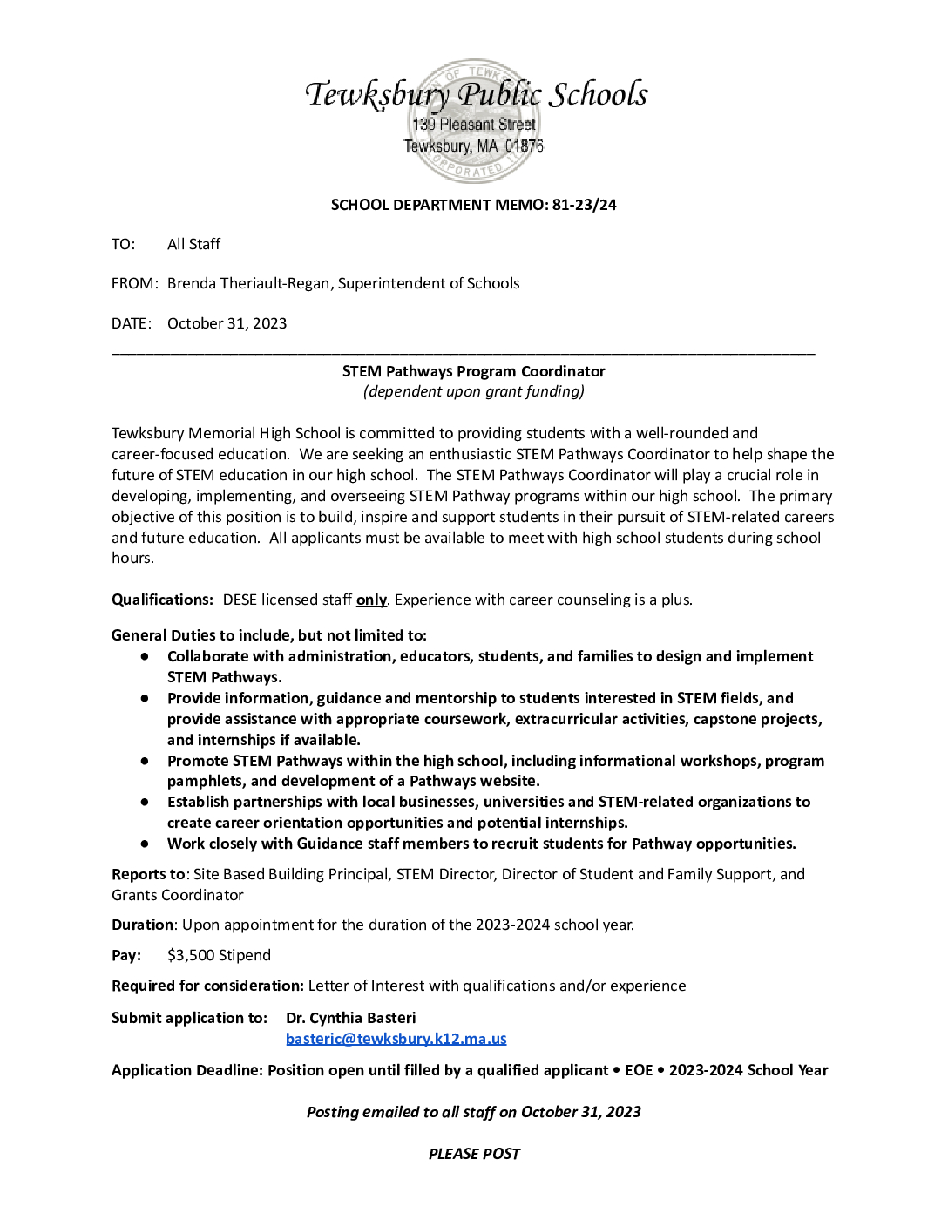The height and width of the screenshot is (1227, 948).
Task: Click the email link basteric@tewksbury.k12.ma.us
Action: (x=396, y=1038)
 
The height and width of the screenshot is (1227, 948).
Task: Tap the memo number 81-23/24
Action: (x=584, y=205)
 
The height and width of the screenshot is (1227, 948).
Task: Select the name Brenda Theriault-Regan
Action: (x=249, y=283)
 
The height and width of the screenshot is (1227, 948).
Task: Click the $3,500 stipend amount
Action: (x=219, y=955)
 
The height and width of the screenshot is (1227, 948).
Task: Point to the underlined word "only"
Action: (x=371, y=600)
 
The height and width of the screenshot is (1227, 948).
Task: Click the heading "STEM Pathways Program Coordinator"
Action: (x=473, y=371)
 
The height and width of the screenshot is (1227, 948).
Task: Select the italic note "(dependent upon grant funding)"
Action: (x=473, y=391)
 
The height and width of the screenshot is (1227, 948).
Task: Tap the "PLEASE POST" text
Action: (x=474, y=1154)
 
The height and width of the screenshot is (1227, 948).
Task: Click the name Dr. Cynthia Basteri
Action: (x=350, y=1018)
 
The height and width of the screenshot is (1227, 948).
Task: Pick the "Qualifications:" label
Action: (x=162, y=600)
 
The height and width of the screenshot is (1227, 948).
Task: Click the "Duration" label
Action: (x=143, y=925)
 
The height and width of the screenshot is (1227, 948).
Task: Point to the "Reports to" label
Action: (x=148, y=874)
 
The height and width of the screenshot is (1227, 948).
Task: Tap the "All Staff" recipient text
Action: (x=193, y=244)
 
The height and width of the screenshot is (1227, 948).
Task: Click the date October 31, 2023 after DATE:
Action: (x=227, y=323)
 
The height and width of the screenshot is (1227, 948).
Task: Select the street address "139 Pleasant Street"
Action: (x=474, y=125)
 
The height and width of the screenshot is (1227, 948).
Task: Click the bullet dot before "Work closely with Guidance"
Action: (x=145, y=844)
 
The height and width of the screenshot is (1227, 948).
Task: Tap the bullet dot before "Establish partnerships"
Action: (x=145, y=802)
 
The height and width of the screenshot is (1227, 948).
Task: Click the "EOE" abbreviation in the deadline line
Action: (x=639, y=1070)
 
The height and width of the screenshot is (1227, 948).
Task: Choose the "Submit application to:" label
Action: (x=189, y=1018)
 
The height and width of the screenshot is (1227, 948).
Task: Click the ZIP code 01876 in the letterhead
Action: (x=524, y=146)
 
